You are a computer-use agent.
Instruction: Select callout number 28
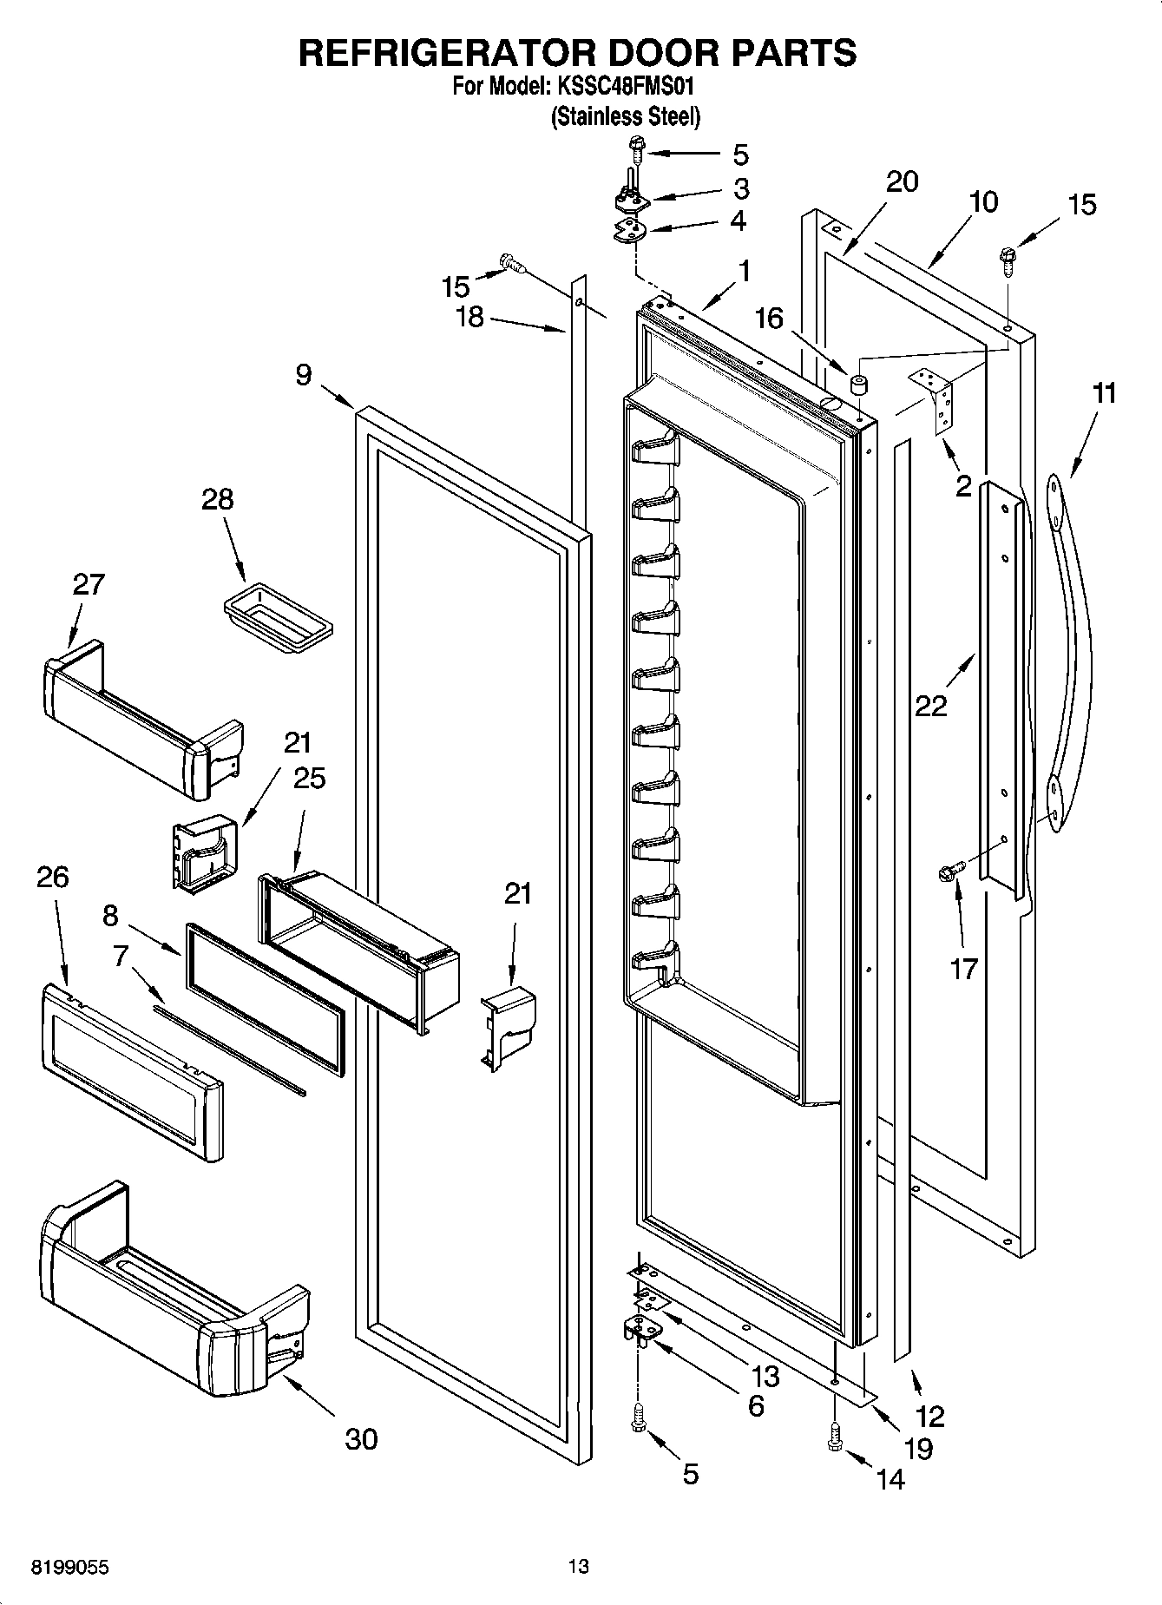tap(217, 499)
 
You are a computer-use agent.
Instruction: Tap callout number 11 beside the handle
tap(1103, 393)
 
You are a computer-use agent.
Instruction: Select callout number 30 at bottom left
tap(361, 1438)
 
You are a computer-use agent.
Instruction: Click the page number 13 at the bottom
tap(579, 1566)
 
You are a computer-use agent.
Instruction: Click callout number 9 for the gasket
tap(303, 375)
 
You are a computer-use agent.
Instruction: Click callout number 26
tap(52, 877)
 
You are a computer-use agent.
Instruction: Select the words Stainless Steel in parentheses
tap(625, 116)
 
